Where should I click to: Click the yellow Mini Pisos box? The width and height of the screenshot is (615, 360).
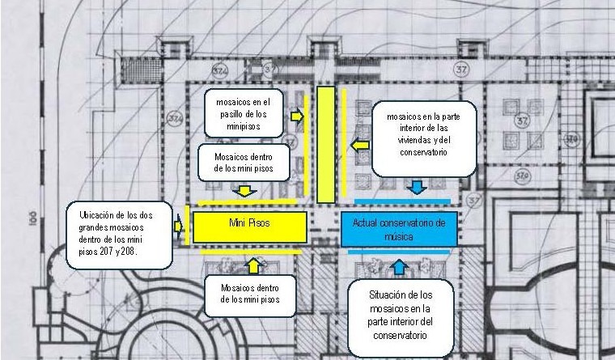click(x=249, y=227)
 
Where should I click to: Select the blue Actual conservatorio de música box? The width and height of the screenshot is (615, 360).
click(x=400, y=229)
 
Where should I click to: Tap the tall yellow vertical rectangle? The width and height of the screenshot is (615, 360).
click(x=324, y=144)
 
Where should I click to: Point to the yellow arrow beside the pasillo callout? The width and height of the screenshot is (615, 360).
click(x=297, y=116)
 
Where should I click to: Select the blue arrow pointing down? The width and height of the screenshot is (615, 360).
click(x=417, y=188)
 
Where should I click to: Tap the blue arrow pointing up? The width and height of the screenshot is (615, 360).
click(x=397, y=266)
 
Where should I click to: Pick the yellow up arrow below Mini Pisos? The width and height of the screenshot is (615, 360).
click(x=254, y=265)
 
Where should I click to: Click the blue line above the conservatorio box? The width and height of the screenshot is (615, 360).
click(x=402, y=201)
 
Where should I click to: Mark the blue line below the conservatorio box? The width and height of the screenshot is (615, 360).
click(x=401, y=252)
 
